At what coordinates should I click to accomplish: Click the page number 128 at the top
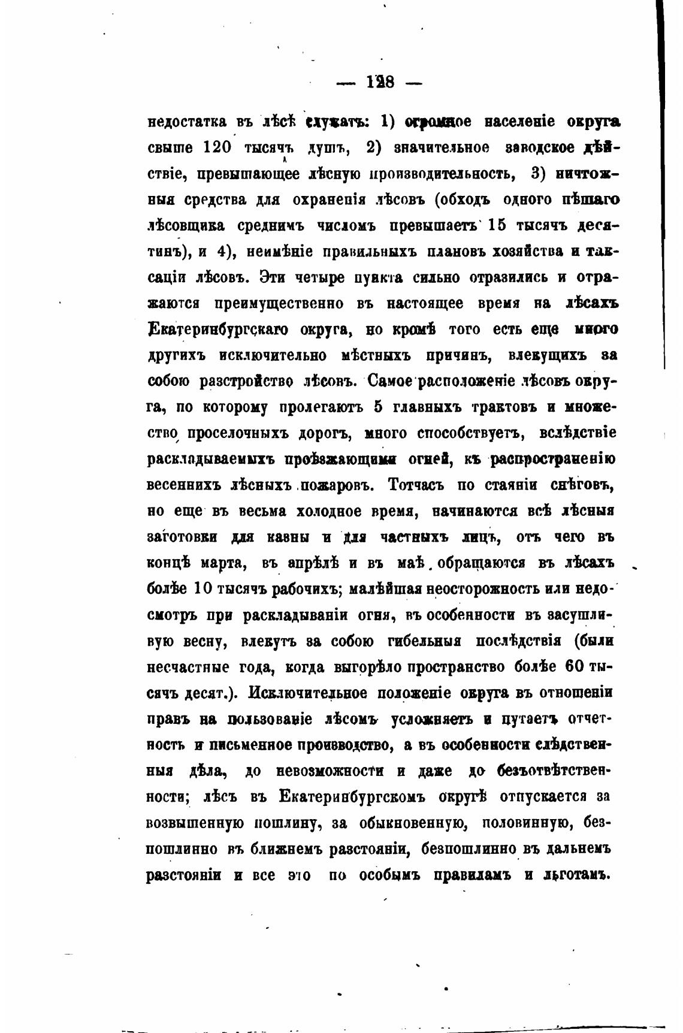379,82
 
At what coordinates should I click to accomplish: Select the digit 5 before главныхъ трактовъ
377,407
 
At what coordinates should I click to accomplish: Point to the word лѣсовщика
186,226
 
